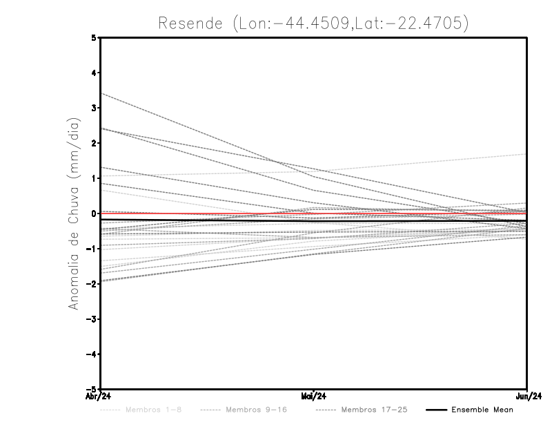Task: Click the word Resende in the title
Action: [188, 23]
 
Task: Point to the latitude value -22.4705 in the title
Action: [423, 23]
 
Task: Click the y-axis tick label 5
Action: [94, 38]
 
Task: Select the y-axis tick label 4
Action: [94, 73]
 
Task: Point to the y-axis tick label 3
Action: [94, 108]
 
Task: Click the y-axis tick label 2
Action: [94, 143]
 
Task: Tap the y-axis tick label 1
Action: [94, 178]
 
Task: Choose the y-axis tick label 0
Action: [94, 213]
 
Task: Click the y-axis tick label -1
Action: [92, 249]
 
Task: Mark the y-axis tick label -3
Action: [92, 319]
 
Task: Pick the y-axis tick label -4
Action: [92, 354]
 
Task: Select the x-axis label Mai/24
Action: [313, 396]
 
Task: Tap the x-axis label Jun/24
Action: [527, 396]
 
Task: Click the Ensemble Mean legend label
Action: [482, 410]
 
